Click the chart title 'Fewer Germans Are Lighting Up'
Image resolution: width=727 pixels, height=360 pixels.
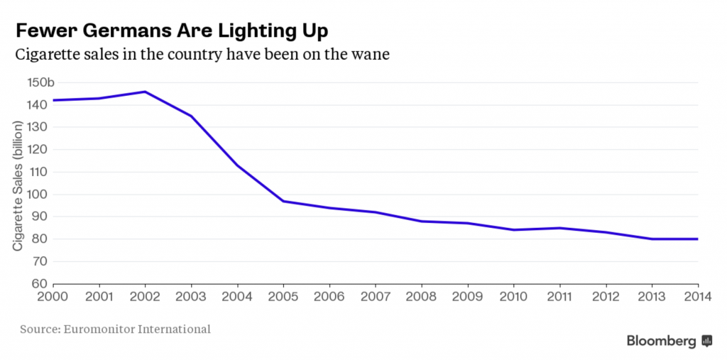click(x=172, y=32)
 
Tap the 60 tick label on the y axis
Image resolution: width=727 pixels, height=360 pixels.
click(x=40, y=284)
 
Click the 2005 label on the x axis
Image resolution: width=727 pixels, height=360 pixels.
click(x=283, y=298)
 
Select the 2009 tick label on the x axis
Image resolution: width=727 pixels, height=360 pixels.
click(x=467, y=298)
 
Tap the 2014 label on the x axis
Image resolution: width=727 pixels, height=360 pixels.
click(x=698, y=298)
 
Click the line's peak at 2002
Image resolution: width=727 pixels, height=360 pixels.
click(x=145, y=92)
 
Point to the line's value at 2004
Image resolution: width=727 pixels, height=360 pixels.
click(x=237, y=165)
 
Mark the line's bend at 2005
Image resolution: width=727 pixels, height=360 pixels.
click(x=283, y=201)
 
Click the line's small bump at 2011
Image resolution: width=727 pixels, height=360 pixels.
click(x=559, y=228)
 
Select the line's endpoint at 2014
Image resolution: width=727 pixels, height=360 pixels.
click(x=698, y=239)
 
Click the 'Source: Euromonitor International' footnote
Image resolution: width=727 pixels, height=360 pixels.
click(x=115, y=329)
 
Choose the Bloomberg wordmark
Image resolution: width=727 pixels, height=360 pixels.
click(x=661, y=342)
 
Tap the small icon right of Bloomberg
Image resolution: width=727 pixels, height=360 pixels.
click(x=706, y=342)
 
